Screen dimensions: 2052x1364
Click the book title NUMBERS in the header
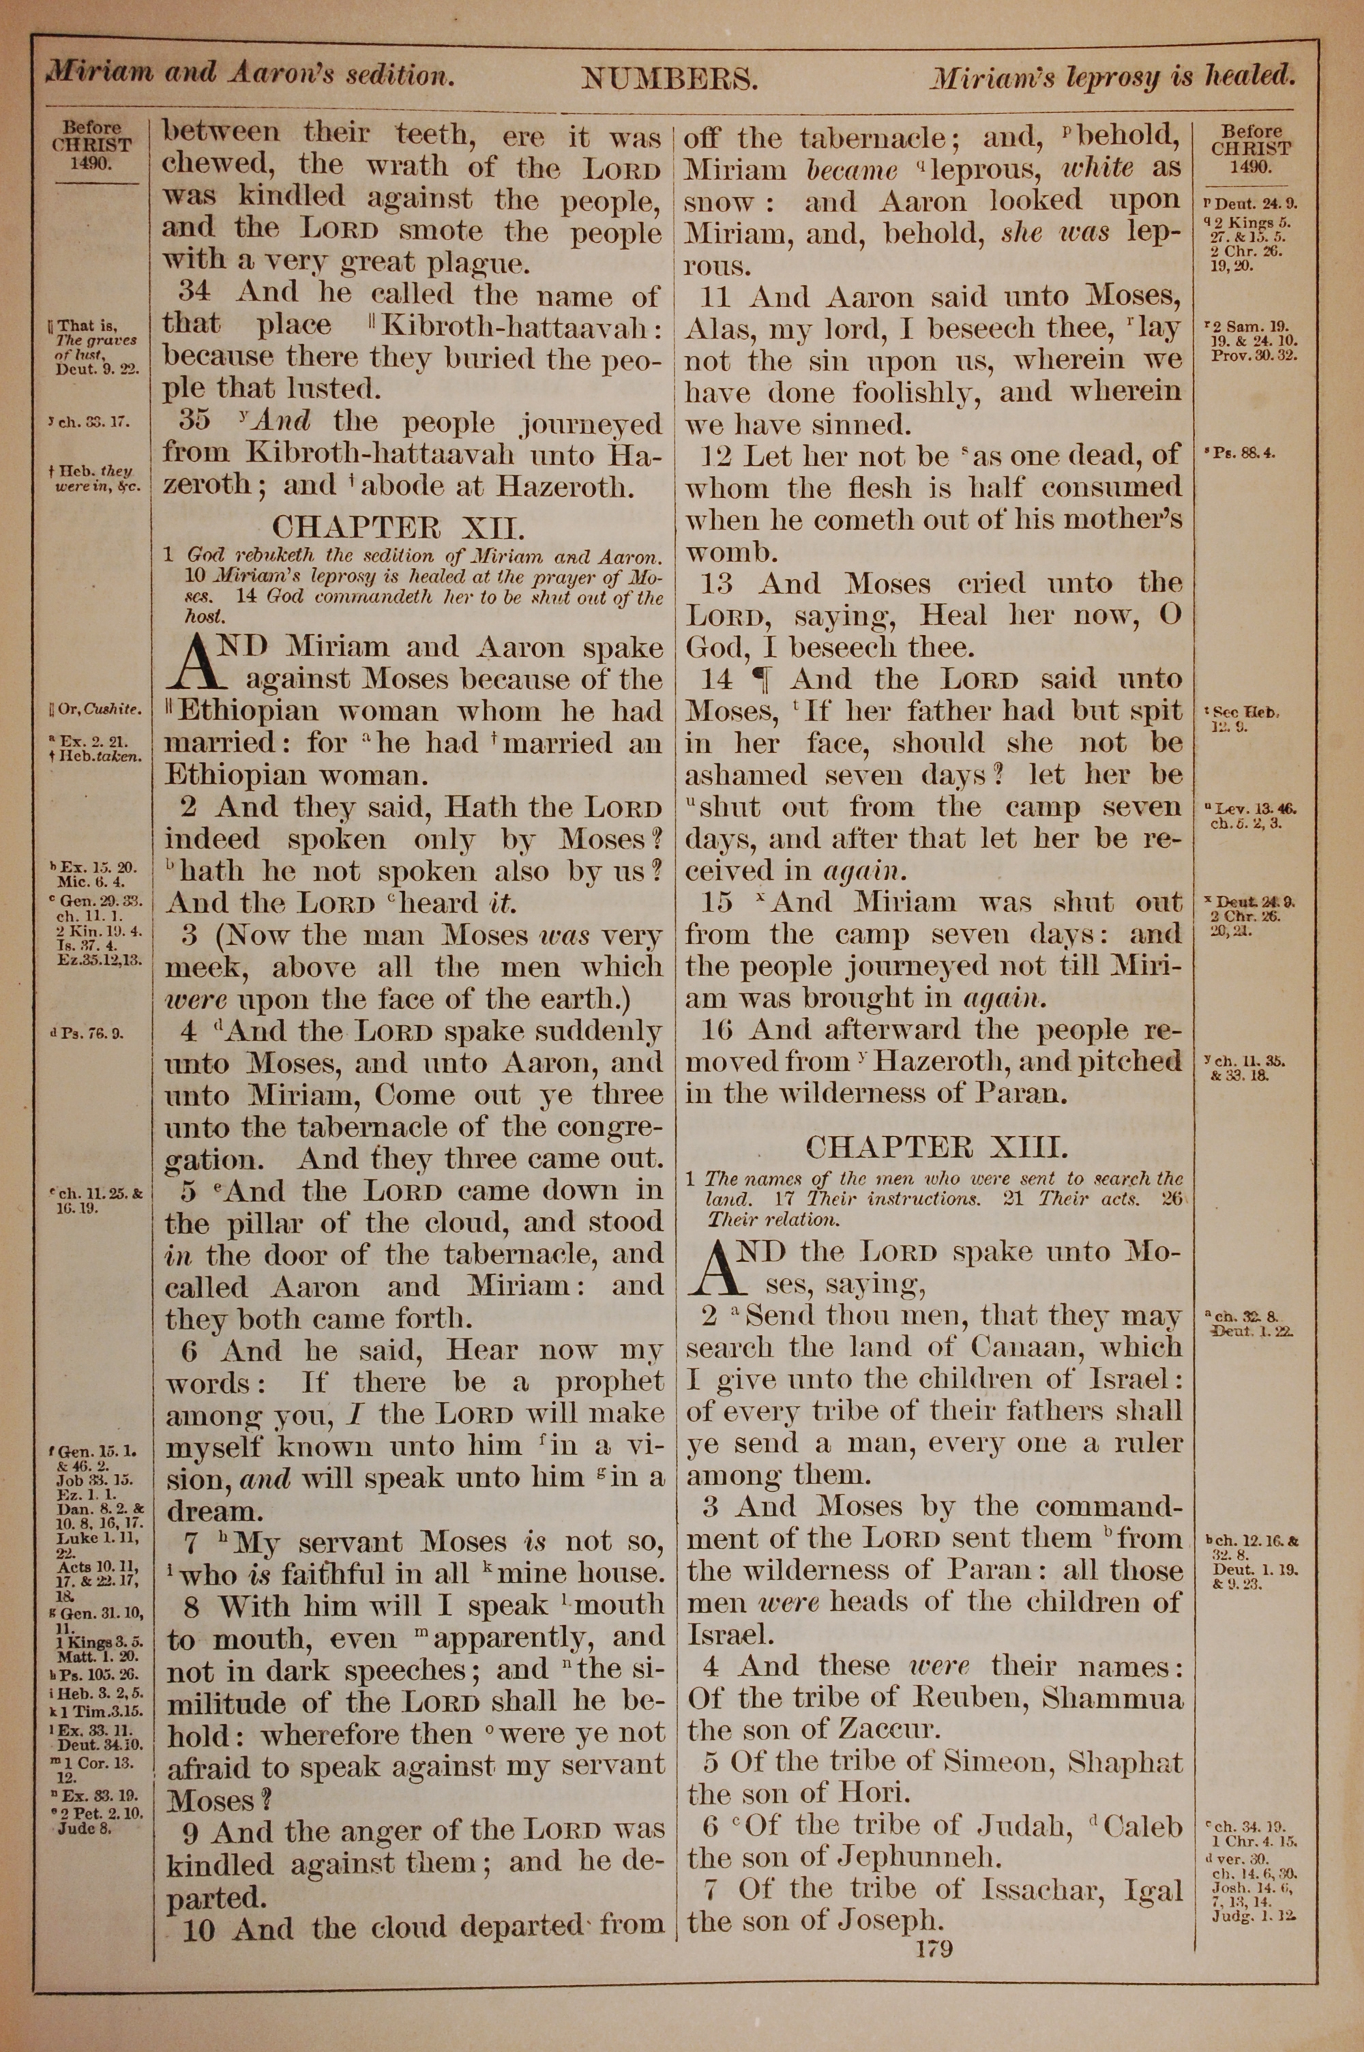(669, 80)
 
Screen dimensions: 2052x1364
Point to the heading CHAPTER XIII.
(936, 1147)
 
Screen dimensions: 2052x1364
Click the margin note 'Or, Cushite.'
(97, 709)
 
